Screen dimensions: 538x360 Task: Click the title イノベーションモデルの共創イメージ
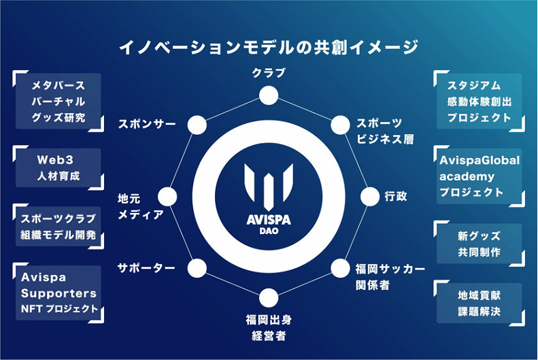point(269,48)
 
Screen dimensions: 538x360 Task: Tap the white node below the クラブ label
point(269,95)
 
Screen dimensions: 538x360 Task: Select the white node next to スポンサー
point(197,125)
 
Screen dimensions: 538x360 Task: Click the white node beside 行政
point(370,197)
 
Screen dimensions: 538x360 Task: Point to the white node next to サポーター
point(197,268)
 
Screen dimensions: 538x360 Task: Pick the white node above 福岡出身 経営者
point(269,297)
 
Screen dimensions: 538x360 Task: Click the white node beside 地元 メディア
point(167,197)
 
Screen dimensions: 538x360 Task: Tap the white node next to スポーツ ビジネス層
point(340,125)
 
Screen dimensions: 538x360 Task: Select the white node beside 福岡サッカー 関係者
point(340,268)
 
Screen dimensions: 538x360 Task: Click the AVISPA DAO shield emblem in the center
point(269,187)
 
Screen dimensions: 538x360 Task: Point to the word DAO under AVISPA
point(269,231)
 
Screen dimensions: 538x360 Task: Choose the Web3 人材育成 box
point(58,168)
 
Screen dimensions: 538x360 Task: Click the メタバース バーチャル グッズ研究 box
point(58,101)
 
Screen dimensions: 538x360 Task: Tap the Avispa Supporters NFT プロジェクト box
point(58,293)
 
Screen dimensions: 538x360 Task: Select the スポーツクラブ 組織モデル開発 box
point(58,227)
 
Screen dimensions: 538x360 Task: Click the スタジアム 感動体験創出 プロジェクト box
point(480,101)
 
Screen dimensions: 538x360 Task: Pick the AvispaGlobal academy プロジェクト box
point(480,176)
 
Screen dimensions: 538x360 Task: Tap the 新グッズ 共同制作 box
point(480,244)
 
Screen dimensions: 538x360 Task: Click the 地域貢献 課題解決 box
point(480,304)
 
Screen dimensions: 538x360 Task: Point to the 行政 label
point(396,197)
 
